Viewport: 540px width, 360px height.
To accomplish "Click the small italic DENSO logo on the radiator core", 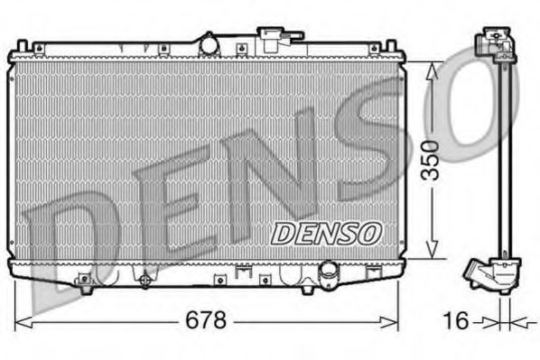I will point(327,233).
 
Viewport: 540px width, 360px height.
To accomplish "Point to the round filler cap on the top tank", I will point(209,43).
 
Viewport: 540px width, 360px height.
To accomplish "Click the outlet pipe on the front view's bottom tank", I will point(331,272).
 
